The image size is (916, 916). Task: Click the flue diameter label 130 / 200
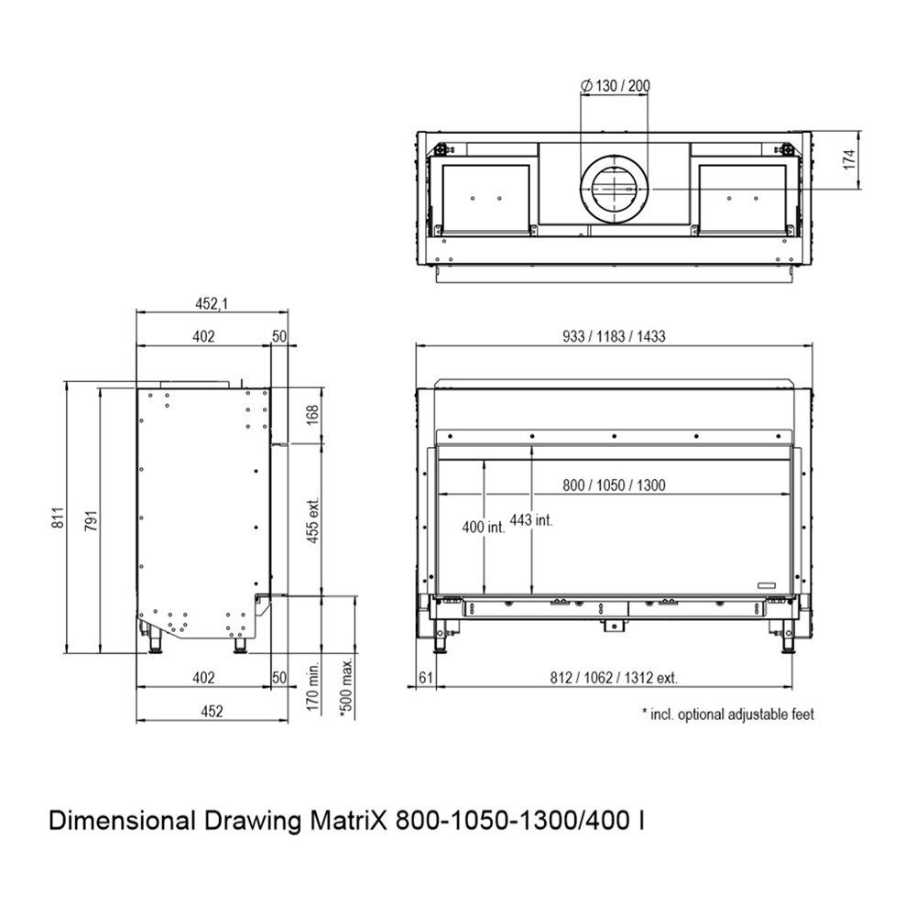616,86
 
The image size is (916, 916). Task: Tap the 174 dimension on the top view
849,159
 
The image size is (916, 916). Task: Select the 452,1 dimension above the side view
212,304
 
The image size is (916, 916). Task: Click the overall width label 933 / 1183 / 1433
614,336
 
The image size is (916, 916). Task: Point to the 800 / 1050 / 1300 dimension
614,485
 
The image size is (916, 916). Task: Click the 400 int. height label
483,527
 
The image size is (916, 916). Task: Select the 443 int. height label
531,519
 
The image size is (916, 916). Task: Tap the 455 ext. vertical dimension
313,520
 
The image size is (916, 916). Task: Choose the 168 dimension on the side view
313,415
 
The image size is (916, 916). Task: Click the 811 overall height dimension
57,518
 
